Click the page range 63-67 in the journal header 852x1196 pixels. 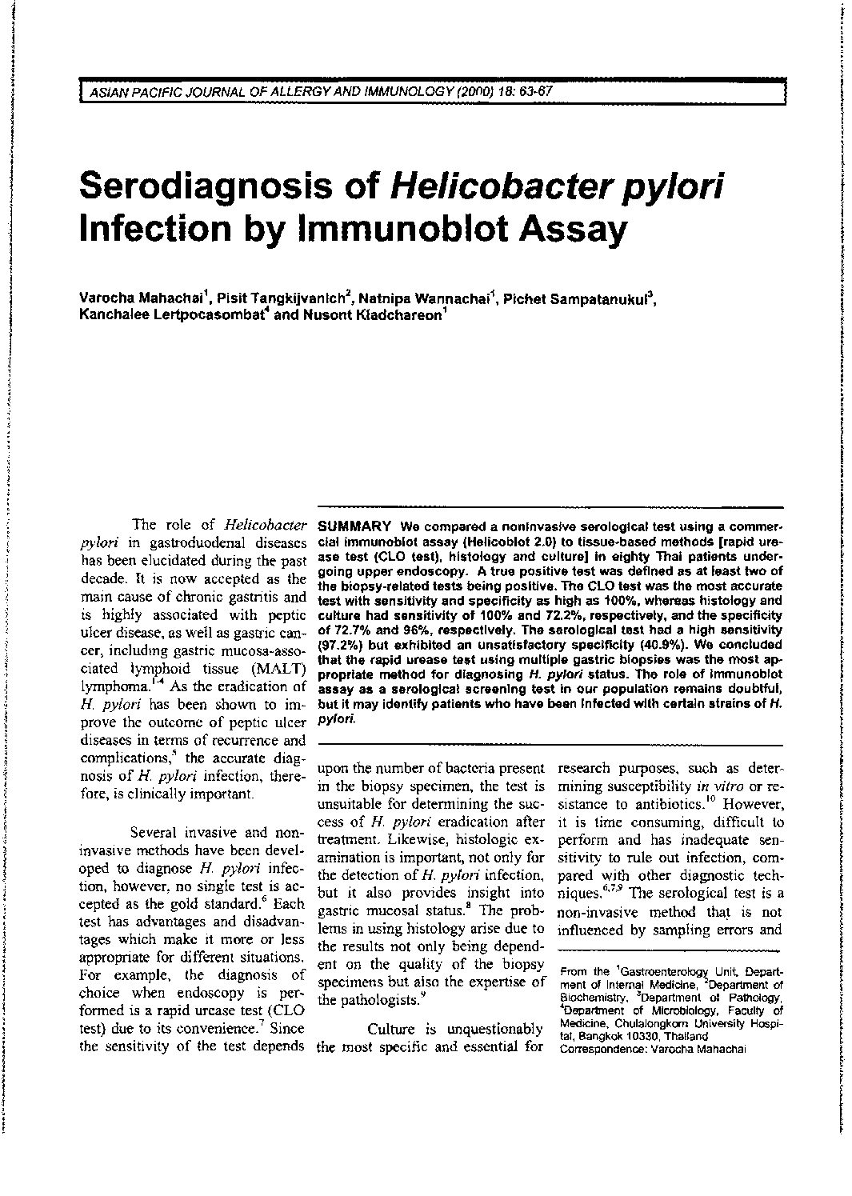coord(530,91)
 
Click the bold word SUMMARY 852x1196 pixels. coord(354,526)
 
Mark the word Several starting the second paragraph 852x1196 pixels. coord(160,831)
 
